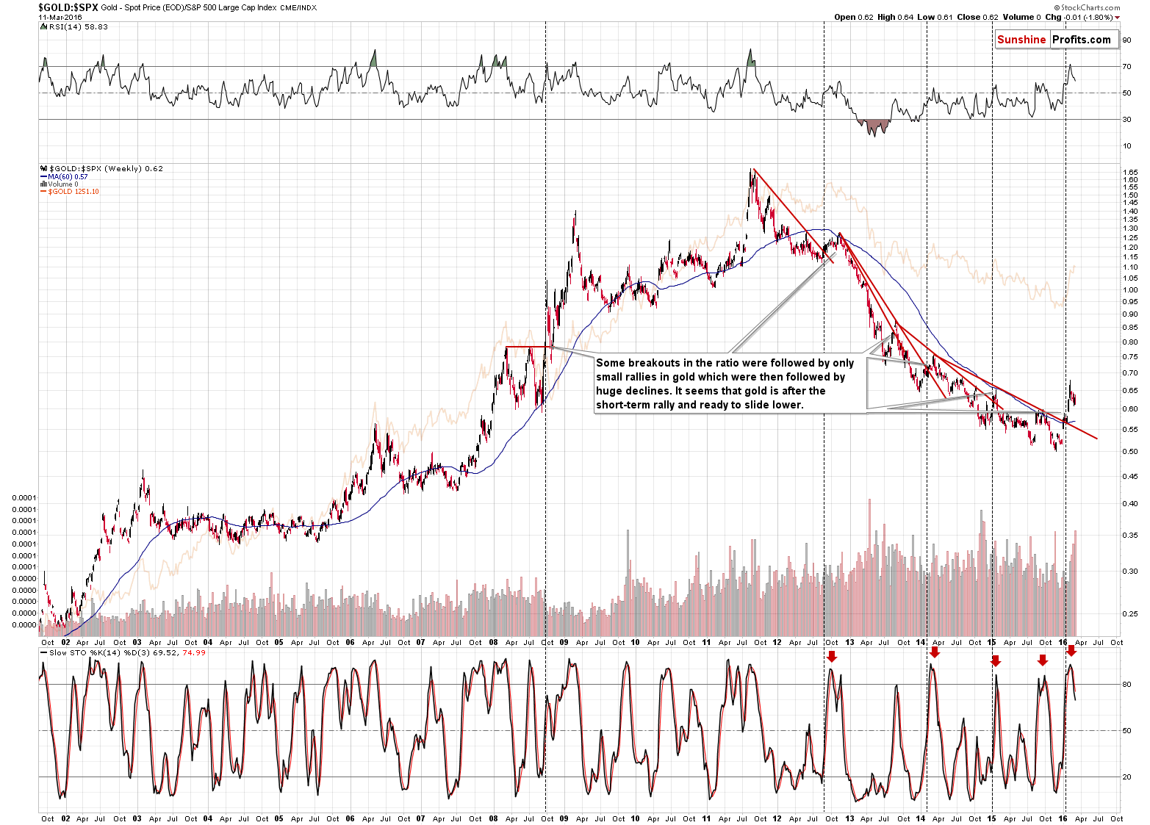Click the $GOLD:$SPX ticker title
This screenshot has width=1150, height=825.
[68, 7]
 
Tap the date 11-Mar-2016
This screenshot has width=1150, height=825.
[60, 17]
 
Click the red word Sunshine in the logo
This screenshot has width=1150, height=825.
[1021, 40]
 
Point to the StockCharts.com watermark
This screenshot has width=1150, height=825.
[1090, 7]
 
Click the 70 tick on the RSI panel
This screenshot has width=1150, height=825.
[1126, 67]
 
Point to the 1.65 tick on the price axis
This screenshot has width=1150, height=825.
[1129, 172]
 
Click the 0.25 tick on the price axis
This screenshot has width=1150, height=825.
[1129, 614]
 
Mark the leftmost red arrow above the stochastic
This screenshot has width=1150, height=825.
[831, 657]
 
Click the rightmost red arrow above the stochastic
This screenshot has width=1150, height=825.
[1071, 651]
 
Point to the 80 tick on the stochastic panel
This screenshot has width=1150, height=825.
[1126, 685]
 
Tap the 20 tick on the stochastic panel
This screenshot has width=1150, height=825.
[1126, 777]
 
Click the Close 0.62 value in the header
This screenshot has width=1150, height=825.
[978, 17]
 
